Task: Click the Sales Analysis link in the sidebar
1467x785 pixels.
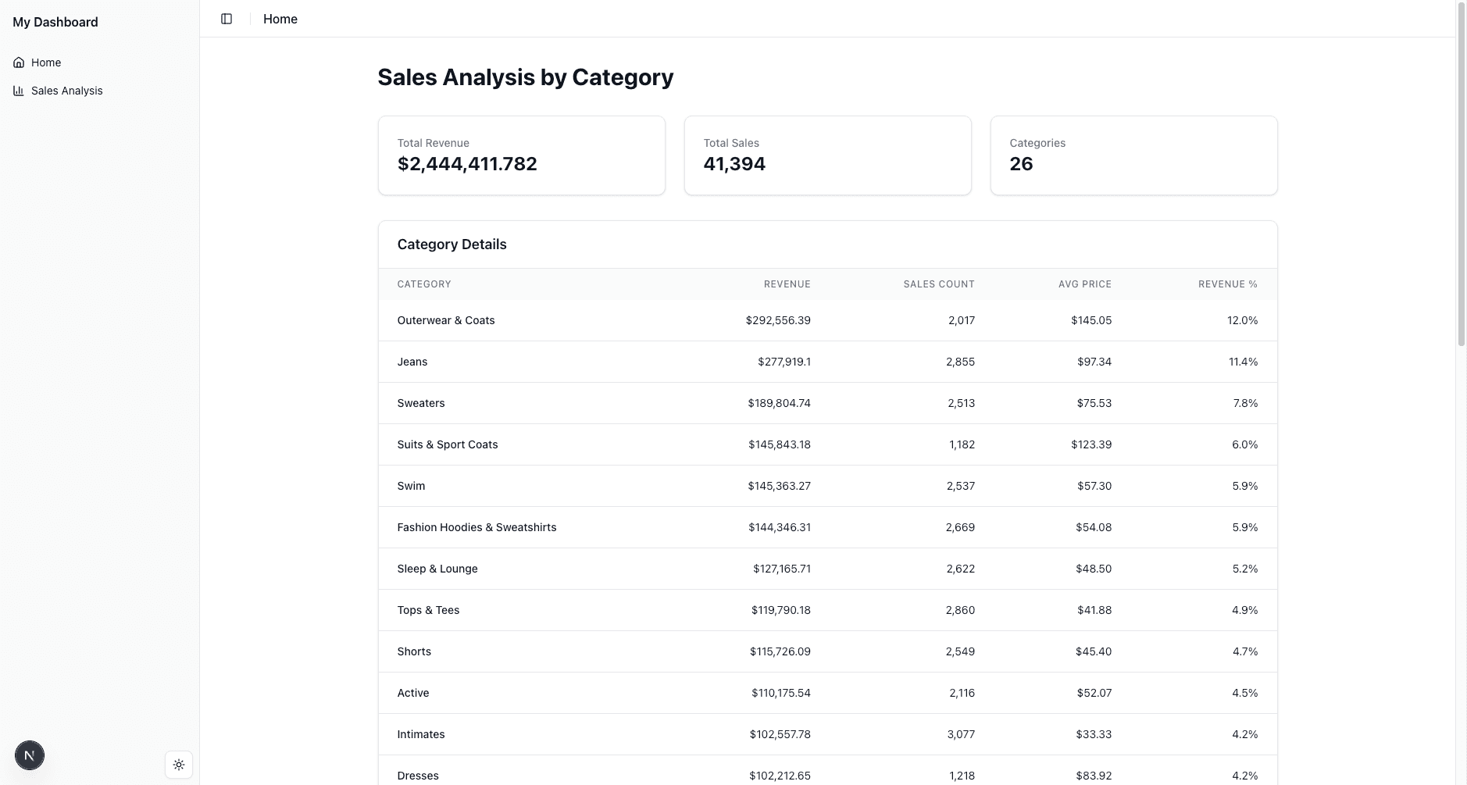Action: coord(66,91)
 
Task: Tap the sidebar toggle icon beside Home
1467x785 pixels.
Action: coord(227,19)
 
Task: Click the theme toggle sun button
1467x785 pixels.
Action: coord(179,765)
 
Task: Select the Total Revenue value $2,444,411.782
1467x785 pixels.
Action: coord(467,164)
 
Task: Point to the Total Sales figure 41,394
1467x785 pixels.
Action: coord(734,164)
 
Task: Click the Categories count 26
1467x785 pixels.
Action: coord(1021,164)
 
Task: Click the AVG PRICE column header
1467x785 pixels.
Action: coord(1084,284)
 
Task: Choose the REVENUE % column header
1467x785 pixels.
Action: coord(1227,284)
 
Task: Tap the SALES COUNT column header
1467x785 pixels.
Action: coord(938,284)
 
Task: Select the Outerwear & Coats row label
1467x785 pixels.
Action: coord(446,320)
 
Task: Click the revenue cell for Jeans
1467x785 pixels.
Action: coord(783,362)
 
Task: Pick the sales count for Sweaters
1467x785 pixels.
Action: coord(961,403)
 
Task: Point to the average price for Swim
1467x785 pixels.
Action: coord(1094,486)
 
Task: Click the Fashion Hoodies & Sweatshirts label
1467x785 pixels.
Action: coord(477,527)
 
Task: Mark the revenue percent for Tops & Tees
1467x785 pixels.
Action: coord(1244,610)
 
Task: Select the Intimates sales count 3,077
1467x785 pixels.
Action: coord(960,734)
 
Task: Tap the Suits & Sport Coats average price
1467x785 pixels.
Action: coord(1091,444)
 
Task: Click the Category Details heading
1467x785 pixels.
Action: coord(452,244)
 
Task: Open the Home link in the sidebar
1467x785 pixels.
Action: coord(46,62)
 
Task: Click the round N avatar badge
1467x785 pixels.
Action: coord(30,755)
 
